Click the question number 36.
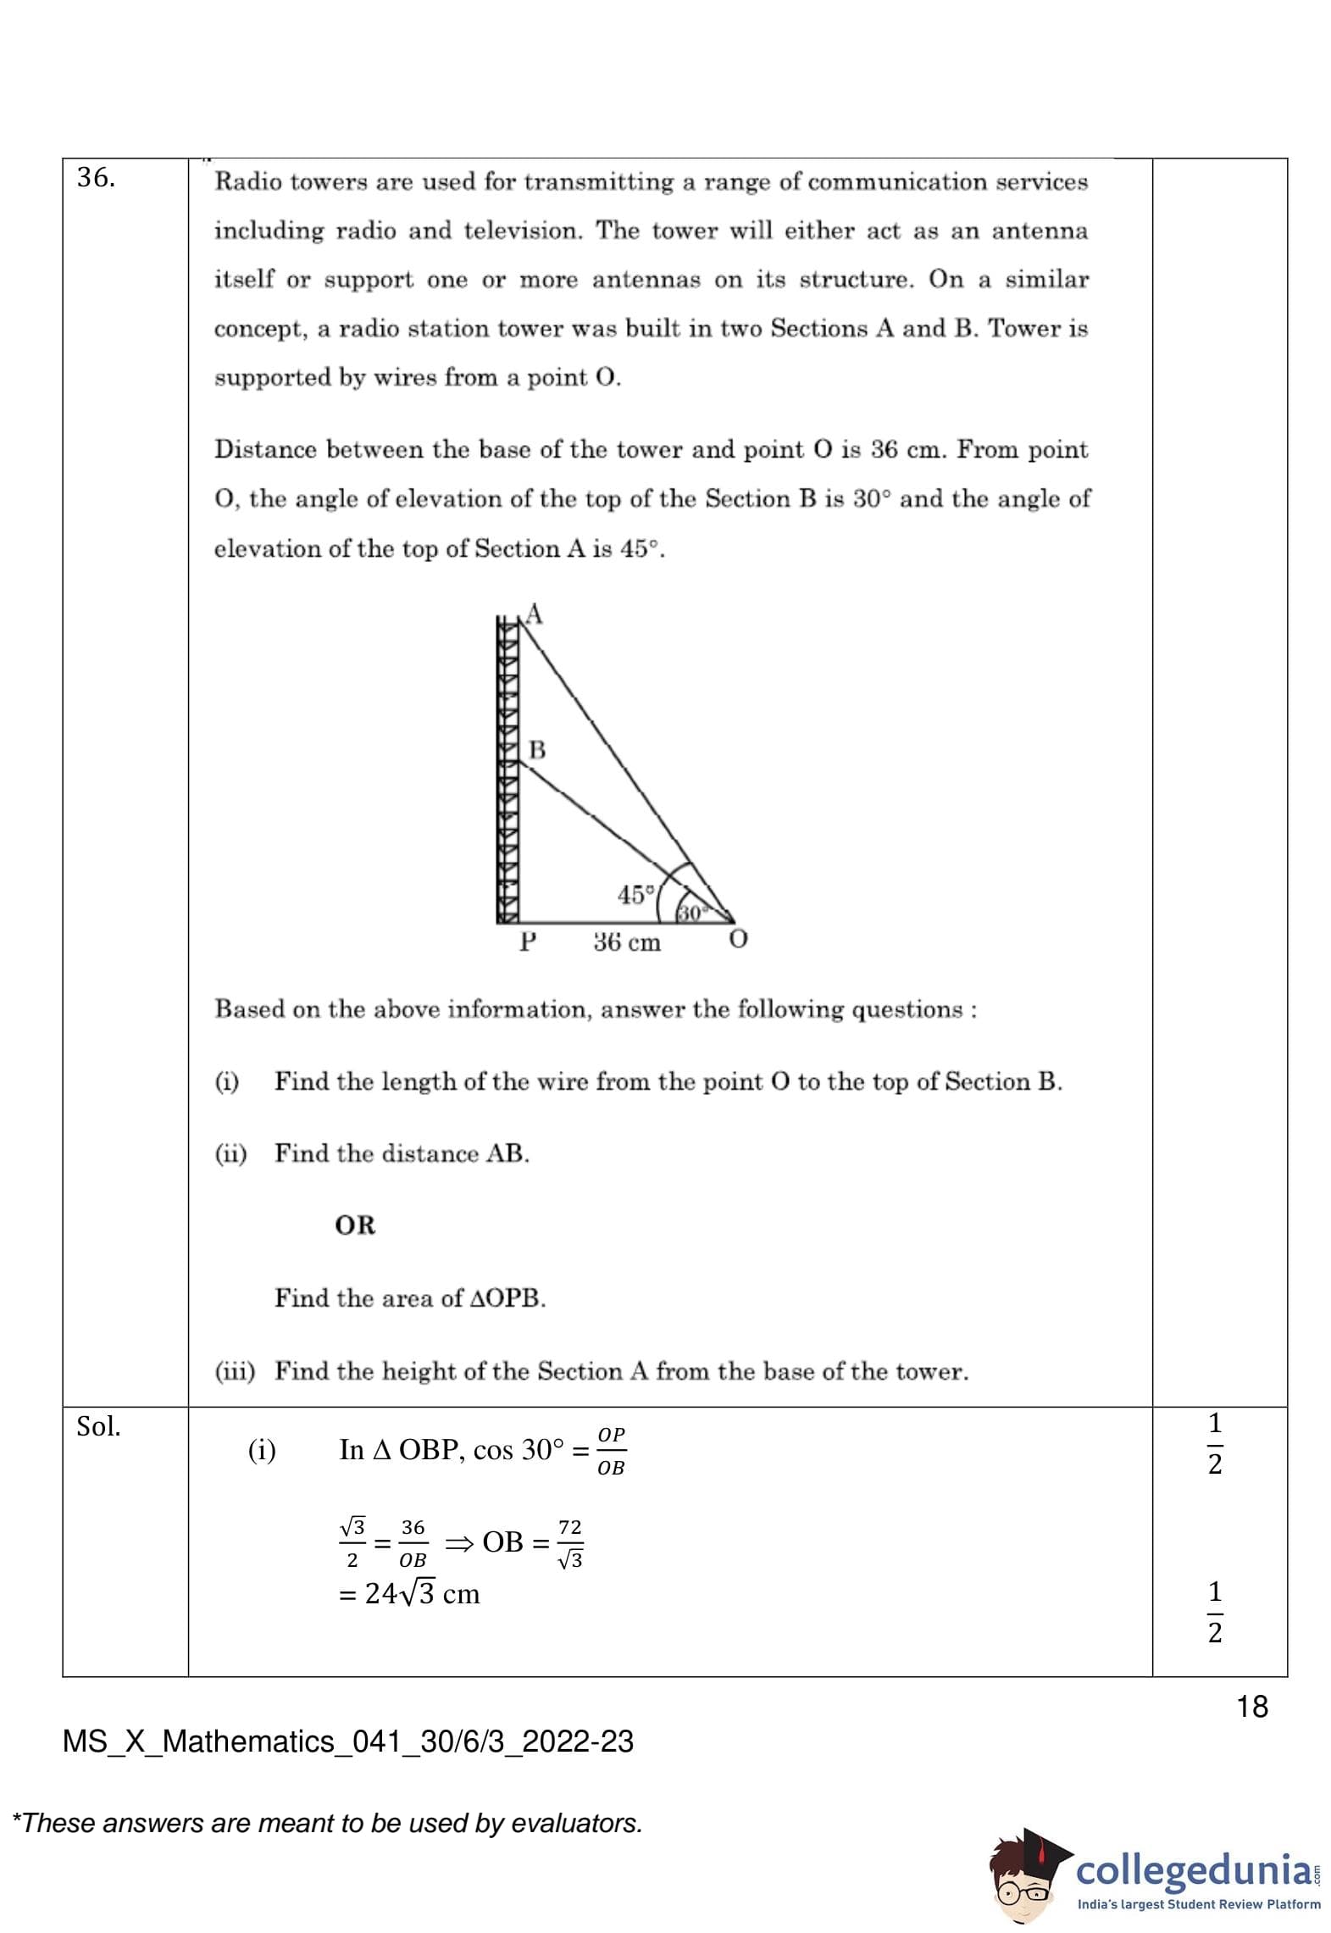point(96,178)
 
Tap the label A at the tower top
point(534,614)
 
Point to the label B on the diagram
point(537,750)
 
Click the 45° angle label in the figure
point(636,895)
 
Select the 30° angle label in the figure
point(690,913)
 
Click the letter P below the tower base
point(528,942)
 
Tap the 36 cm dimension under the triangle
point(627,942)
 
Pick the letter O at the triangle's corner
point(738,940)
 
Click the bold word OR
point(355,1225)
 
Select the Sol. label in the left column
point(98,1427)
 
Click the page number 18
point(1252,1707)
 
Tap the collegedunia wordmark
point(1193,1869)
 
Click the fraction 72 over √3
point(570,1543)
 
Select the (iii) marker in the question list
point(235,1371)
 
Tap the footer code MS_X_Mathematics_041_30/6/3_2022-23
point(348,1741)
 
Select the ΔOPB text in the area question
point(506,1298)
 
